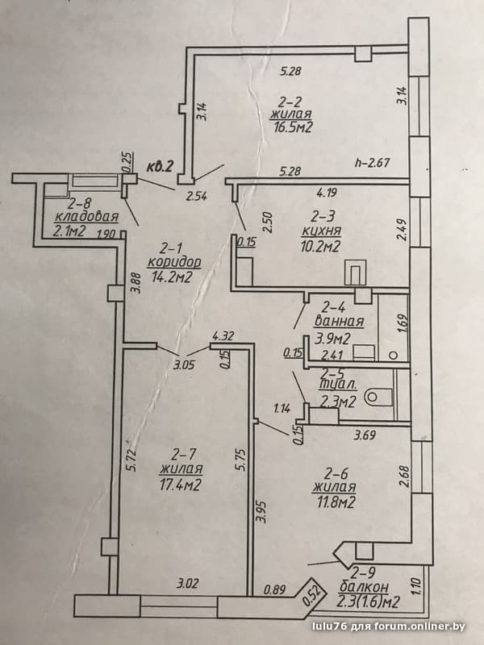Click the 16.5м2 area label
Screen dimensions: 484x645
(293, 127)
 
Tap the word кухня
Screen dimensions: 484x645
(321, 231)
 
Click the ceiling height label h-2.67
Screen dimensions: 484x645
(372, 163)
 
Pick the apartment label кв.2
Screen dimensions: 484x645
(161, 168)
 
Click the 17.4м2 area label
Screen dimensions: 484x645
(181, 485)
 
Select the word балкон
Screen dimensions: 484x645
(363, 587)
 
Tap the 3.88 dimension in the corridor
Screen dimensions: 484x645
(135, 284)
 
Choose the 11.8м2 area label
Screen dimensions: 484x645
(334, 502)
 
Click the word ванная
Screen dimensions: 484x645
(339, 322)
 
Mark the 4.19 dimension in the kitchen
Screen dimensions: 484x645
(328, 191)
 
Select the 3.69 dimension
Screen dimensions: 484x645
(365, 435)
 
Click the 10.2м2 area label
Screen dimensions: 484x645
(320, 246)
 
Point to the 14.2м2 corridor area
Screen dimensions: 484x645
(173, 277)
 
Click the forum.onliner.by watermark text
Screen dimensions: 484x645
(419, 626)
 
